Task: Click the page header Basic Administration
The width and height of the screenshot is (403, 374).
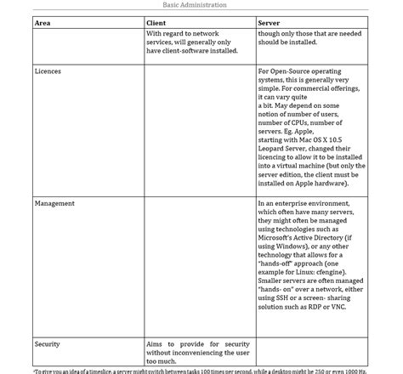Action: point(201,4)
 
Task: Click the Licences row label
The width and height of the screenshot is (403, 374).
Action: point(48,71)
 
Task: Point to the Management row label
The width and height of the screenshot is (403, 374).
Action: point(54,203)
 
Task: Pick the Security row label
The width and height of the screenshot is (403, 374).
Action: point(47,343)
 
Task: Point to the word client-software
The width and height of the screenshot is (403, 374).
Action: point(198,50)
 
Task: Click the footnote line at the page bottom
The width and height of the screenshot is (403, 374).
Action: point(201,371)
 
